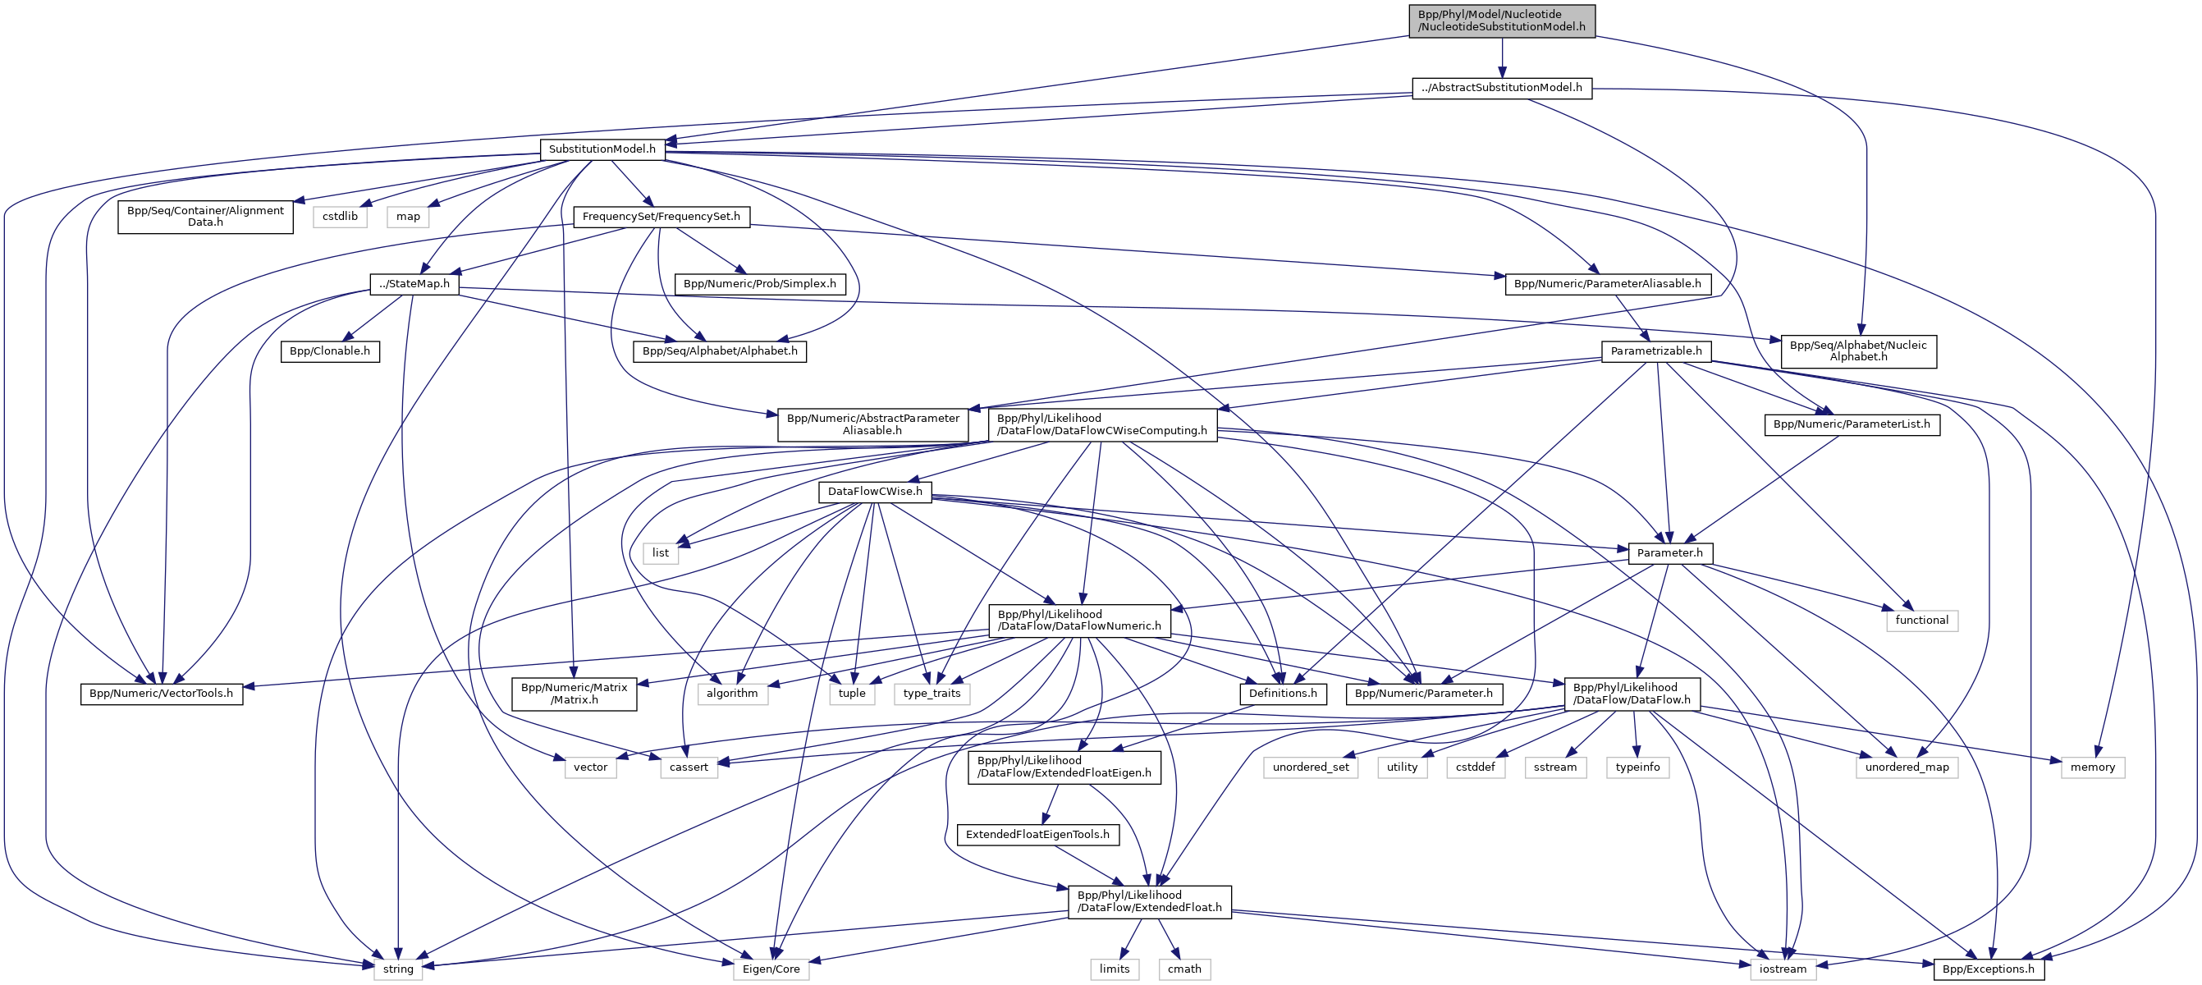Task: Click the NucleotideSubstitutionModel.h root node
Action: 1501,21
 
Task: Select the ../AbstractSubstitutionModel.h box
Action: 1501,88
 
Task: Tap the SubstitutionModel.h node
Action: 602,149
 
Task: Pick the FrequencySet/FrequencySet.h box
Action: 661,218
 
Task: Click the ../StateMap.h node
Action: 414,284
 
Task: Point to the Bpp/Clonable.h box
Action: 330,351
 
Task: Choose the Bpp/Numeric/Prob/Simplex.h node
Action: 759,284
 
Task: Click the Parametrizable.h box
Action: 1655,351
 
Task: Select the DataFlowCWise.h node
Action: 874,492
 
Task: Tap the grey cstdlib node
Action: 341,218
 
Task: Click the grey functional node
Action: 1921,620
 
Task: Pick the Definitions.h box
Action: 1282,694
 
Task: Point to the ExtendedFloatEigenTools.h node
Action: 1037,835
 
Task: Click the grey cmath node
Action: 1184,969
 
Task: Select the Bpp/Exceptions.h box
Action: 1989,969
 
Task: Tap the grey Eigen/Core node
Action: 770,969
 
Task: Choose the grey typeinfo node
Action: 1637,767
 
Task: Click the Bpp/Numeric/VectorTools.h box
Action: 161,694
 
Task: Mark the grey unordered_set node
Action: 1311,767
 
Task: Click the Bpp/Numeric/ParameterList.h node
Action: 1852,425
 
